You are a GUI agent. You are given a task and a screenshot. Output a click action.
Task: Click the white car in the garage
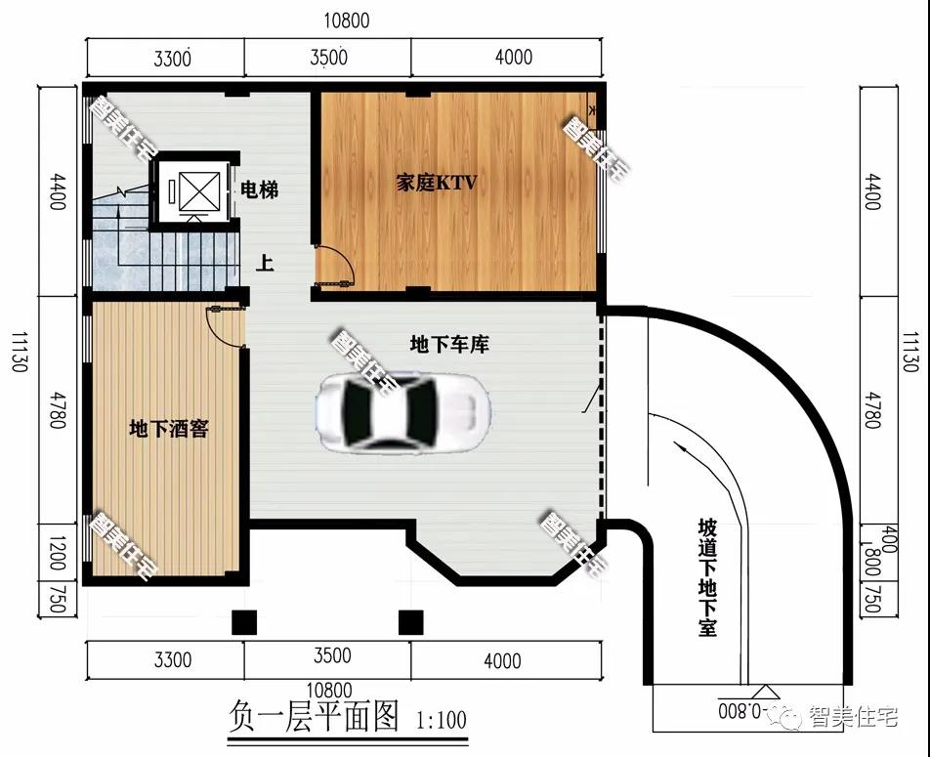(x=403, y=411)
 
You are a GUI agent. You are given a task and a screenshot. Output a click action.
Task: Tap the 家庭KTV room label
(x=437, y=183)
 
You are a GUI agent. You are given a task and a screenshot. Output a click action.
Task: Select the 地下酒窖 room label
(x=169, y=429)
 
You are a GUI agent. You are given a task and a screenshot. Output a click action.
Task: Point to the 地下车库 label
(x=449, y=344)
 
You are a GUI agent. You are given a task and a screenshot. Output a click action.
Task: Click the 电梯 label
(x=260, y=190)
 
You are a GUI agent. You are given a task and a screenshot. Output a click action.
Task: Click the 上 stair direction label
(x=265, y=263)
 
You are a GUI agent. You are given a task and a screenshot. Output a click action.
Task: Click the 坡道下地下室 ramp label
(x=707, y=578)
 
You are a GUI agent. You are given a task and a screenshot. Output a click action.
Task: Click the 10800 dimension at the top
(x=347, y=21)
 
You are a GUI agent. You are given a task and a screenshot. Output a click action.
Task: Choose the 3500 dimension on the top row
(x=328, y=58)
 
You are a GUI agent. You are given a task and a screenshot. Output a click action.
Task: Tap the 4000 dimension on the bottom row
(x=502, y=660)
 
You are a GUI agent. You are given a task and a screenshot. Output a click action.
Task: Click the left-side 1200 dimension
(x=58, y=553)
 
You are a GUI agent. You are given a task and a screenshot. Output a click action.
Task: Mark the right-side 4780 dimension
(x=871, y=409)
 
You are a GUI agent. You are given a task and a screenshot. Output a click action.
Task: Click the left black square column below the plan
(x=244, y=622)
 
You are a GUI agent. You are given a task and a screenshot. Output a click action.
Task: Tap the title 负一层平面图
(x=314, y=716)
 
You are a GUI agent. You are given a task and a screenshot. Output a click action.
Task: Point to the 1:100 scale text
(x=442, y=720)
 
